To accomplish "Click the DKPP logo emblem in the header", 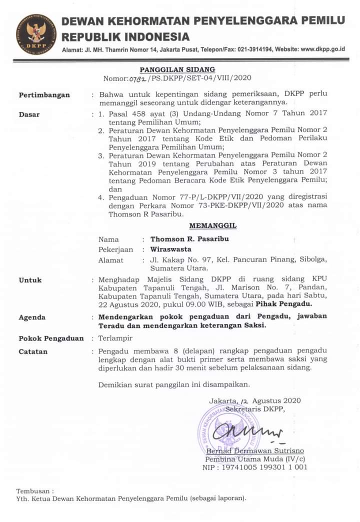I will [x=35, y=34].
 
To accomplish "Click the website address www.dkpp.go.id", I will [x=323, y=49].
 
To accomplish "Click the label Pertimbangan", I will [x=44, y=95].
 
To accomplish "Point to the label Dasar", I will [x=29, y=114].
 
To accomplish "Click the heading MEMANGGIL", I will [x=213, y=226].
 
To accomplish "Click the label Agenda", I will [x=32, y=317].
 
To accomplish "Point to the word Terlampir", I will [x=116, y=338].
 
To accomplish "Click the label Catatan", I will [x=33, y=351].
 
